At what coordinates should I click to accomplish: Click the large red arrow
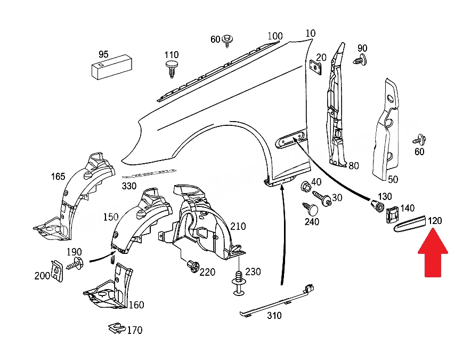click(x=433, y=253)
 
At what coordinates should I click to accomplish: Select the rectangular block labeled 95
click(x=111, y=67)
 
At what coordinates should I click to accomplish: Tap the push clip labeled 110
click(x=172, y=69)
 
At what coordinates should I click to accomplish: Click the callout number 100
click(x=275, y=36)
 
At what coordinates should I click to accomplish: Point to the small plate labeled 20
click(x=315, y=67)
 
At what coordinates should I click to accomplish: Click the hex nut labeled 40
click(x=306, y=187)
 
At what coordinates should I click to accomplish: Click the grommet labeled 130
click(x=377, y=206)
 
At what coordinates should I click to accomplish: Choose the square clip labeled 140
click(x=392, y=215)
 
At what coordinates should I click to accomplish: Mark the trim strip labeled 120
click(x=410, y=224)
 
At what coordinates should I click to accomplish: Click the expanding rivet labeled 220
click(x=193, y=267)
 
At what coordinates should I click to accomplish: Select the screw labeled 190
click(x=76, y=264)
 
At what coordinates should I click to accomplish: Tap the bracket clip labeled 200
click(x=57, y=271)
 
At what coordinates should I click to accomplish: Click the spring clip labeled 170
click(x=117, y=328)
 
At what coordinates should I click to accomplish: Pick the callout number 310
click(x=274, y=316)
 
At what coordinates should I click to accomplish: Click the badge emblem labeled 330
click(x=149, y=173)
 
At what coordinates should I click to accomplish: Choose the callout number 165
click(x=58, y=176)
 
